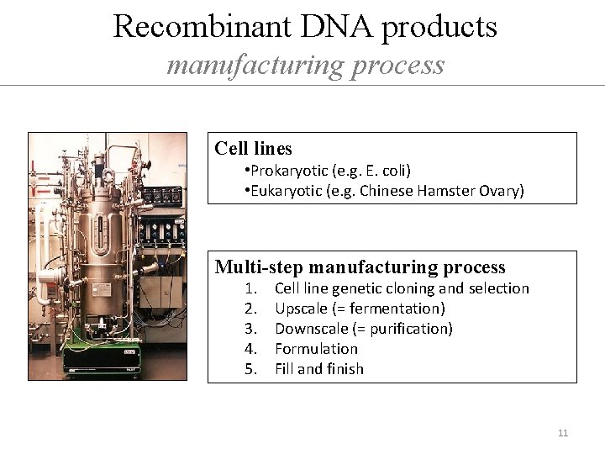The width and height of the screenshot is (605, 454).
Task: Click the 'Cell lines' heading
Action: click(x=253, y=149)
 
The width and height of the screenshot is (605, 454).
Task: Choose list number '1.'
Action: click(x=250, y=288)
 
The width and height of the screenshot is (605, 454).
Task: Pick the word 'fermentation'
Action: click(x=398, y=309)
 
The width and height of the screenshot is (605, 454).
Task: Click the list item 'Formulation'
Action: click(x=316, y=349)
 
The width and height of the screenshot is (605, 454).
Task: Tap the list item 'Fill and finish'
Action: click(x=319, y=369)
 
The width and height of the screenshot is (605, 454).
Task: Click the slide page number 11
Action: click(x=563, y=433)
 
